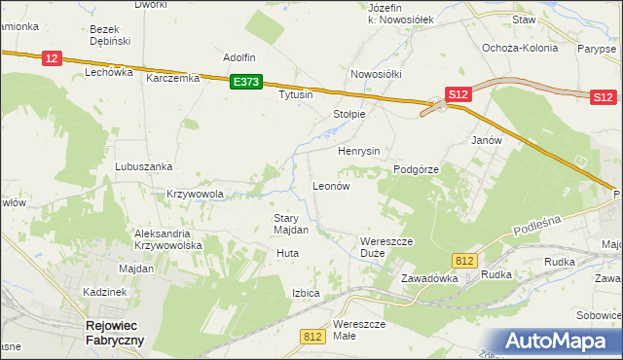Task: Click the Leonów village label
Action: point(330,185)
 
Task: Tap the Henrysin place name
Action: point(358,152)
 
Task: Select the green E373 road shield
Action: point(246,84)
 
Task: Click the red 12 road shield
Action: point(53,59)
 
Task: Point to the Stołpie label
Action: point(348,114)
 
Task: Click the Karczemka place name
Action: point(172,78)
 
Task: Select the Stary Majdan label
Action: point(291,224)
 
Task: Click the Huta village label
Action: point(287,253)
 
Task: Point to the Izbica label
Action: point(306,293)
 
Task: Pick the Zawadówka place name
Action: point(429,277)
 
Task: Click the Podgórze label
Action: point(417,168)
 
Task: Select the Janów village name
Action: point(486,139)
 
